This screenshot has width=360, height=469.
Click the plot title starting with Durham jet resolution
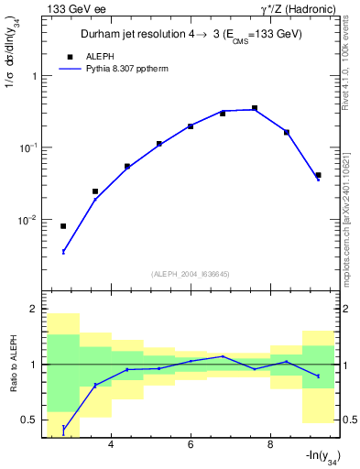(191, 34)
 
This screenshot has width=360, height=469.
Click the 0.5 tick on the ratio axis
(30, 420)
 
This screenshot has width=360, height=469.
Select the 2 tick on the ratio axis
(35, 310)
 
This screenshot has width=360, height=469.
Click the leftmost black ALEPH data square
(63, 226)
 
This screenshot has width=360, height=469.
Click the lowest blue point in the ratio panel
(63, 428)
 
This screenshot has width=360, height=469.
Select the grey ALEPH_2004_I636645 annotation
(191, 274)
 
